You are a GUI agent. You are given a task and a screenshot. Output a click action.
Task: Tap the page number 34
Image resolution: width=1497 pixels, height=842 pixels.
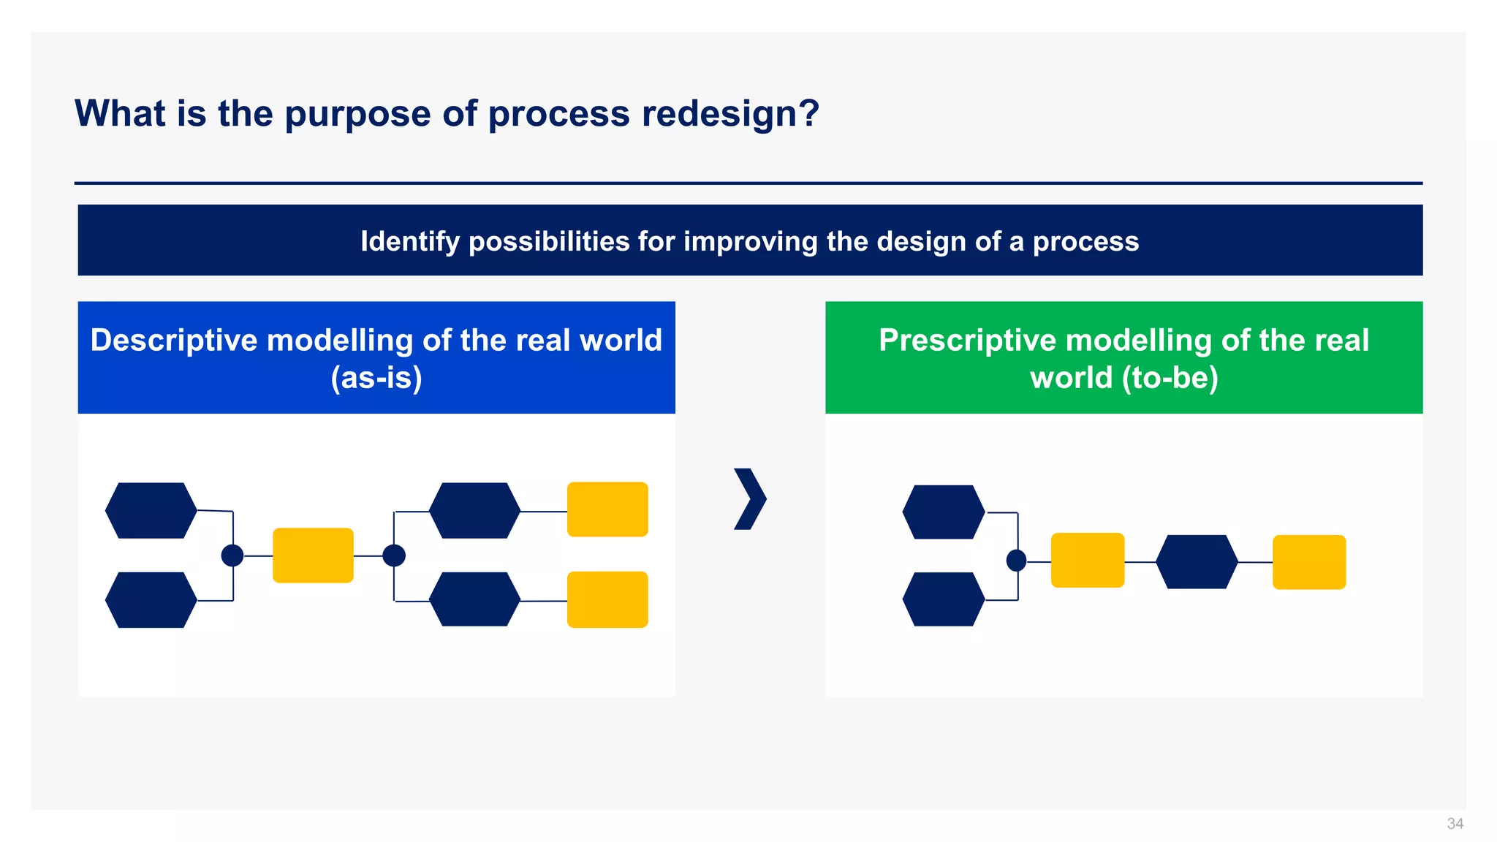[x=1455, y=824]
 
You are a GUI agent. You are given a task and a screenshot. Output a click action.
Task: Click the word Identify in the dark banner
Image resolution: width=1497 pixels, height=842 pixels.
[x=409, y=241]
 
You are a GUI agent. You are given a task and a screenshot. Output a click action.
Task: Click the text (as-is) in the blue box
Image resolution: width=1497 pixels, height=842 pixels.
[x=376, y=378]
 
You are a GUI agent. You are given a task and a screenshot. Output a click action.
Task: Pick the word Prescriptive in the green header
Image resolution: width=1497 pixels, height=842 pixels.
[x=967, y=341]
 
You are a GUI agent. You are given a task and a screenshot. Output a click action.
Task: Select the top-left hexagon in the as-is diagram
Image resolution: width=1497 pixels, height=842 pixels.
[x=151, y=510]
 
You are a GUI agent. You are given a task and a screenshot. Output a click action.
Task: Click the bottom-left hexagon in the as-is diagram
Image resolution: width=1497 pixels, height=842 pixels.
[x=151, y=600]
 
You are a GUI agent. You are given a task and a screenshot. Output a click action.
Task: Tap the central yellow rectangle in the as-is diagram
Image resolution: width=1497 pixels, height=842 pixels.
[x=313, y=555]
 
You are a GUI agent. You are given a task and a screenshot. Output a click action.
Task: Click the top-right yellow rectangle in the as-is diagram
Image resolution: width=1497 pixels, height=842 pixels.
[x=607, y=509]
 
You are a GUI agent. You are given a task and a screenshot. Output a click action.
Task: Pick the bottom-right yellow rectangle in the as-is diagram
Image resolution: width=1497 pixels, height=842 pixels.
[x=607, y=599]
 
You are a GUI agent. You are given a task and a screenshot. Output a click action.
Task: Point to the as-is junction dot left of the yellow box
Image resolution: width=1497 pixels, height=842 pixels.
[x=232, y=555]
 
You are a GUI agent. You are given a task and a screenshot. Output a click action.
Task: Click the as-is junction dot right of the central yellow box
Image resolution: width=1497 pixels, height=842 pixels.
[x=394, y=555]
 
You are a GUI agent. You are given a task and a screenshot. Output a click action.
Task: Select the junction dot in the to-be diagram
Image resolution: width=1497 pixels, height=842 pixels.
[x=1017, y=561]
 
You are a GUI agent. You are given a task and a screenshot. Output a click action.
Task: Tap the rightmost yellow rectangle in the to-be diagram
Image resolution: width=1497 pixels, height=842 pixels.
[x=1309, y=562]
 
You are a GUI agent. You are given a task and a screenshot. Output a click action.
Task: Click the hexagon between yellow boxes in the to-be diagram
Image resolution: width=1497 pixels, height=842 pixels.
[x=1197, y=562]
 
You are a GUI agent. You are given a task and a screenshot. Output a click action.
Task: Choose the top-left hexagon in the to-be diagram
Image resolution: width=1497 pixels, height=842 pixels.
[x=944, y=512]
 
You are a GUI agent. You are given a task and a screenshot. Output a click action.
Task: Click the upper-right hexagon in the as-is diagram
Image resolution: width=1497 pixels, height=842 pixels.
[x=474, y=510]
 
